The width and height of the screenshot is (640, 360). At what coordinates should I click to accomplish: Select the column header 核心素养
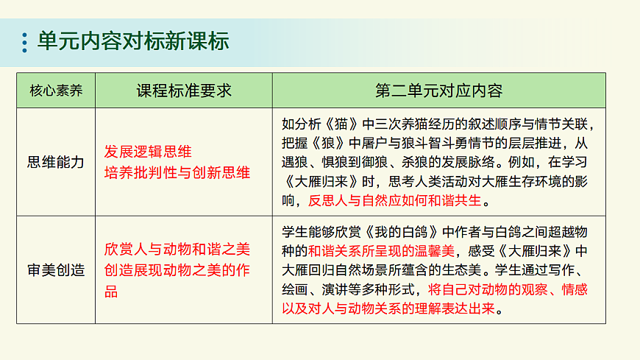56,91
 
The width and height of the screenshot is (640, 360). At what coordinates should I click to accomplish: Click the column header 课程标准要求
183,91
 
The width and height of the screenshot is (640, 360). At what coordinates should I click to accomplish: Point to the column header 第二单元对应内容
438,91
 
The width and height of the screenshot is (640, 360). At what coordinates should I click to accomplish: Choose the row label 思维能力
56,162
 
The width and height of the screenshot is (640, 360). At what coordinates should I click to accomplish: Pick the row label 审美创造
56,270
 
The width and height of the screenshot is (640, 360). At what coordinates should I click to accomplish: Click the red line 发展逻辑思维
148,152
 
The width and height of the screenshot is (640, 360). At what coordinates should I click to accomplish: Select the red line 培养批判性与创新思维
177,173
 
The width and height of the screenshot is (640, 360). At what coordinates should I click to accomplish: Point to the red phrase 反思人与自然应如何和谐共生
394,200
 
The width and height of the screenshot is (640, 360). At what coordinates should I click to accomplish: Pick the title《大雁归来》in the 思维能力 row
318,180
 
